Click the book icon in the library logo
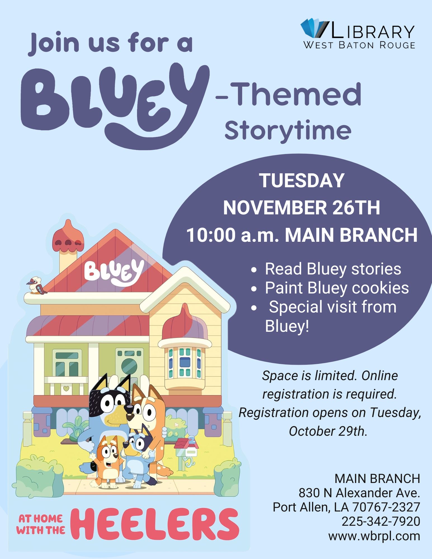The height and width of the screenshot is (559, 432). (x=314, y=28)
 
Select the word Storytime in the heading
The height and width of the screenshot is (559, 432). (x=288, y=131)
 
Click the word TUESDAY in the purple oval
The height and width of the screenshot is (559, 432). (x=302, y=181)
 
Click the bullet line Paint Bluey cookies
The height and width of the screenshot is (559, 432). (x=337, y=288)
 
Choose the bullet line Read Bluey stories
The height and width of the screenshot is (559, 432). (x=333, y=269)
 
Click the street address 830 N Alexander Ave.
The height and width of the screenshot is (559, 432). (x=359, y=493)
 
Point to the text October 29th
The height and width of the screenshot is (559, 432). (x=328, y=431)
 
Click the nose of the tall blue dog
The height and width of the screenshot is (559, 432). (x=129, y=409)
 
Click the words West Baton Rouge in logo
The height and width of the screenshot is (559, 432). (x=359, y=45)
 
